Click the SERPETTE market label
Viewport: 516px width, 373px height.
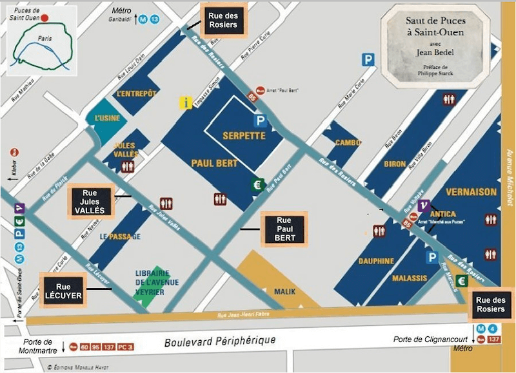tap(244, 136)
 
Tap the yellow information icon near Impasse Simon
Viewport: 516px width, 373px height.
tap(186, 102)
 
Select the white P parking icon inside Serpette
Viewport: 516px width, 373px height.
tap(261, 120)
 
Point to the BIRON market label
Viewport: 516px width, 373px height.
tap(395, 164)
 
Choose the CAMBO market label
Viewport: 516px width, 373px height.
tap(348, 142)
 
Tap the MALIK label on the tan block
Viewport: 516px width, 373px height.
tap(284, 292)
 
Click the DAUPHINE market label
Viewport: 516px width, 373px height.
tap(377, 261)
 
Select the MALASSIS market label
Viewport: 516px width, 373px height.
tap(410, 278)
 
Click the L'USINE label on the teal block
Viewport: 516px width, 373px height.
tap(107, 119)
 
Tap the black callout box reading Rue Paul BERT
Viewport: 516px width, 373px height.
tap(284, 229)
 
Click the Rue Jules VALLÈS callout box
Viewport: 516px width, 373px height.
tap(90, 201)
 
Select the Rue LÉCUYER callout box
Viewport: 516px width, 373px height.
tap(63, 291)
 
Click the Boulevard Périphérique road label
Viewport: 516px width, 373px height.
tap(219, 340)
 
